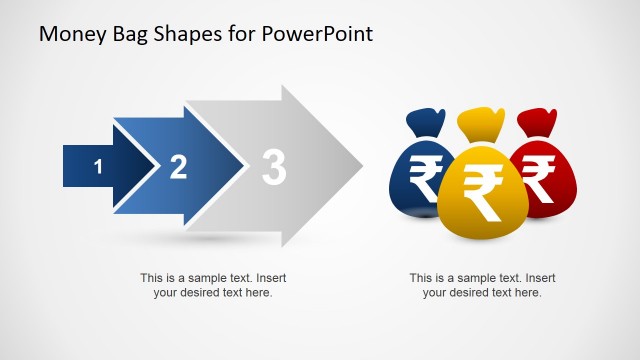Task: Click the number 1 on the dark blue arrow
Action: tap(98, 167)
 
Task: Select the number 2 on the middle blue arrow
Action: tap(178, 167)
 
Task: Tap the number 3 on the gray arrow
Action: tap(273, 167)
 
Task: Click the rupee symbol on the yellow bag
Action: tap(482, 192)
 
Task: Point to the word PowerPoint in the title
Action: tap(319, 34)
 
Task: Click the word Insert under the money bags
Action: tap(540, 278)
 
